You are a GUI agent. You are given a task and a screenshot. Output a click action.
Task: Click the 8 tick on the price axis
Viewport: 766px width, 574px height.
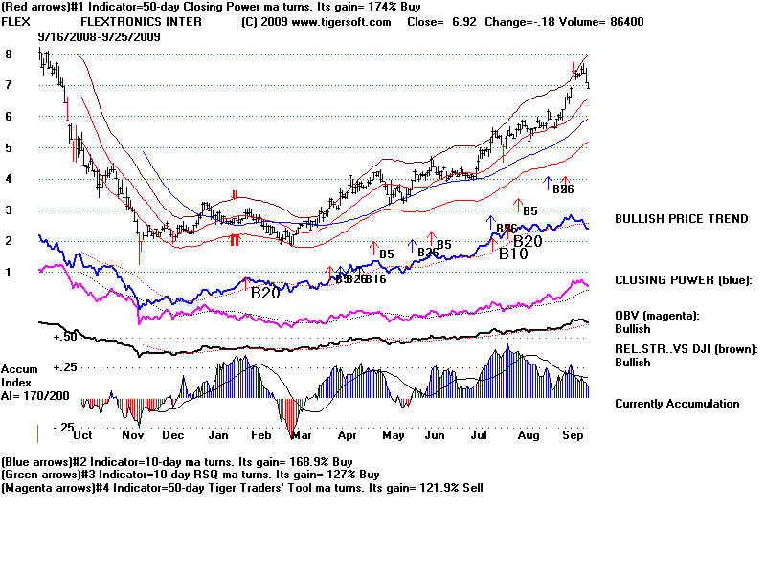pos(9,55)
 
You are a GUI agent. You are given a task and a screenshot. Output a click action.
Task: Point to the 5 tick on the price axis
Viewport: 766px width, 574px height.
pos(9,147)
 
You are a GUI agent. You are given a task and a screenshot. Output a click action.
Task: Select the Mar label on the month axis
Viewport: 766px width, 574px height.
pos(301,434)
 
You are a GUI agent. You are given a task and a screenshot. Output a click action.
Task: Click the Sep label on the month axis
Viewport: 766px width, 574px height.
pos(574,434)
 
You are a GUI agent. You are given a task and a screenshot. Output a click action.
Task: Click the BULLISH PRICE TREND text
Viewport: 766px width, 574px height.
pos(681,219)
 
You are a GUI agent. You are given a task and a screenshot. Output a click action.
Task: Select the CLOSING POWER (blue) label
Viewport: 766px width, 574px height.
pos(683,280)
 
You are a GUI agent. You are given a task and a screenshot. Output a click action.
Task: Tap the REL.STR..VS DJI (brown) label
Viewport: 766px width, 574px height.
pos(686,348)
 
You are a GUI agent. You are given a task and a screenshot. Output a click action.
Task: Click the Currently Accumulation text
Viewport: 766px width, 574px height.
pos(677,403)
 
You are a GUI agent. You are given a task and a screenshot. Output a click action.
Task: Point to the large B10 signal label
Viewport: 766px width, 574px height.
pos(512,254)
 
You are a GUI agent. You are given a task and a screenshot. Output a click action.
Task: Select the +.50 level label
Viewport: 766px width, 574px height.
pos(65,337)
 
